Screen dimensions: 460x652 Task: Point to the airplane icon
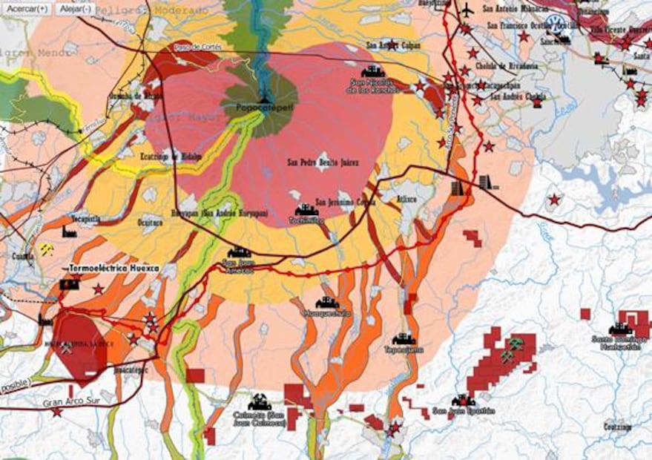pyautogui.click(x=467, y=10)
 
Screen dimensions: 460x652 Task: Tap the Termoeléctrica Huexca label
pyautogui.click(x=113, y=268)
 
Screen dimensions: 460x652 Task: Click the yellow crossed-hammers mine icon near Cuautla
pyautogui.click(x=47, y=250)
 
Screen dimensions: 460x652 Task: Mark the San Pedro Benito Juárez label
pyautogui.click(x=323, y=162)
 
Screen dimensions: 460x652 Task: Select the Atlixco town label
pyautogui.click(x=406, y=199)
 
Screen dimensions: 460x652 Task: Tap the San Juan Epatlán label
pyautogui.click(x=463, y=410)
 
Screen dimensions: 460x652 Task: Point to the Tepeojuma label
pyautogui.click(x=403, y=349)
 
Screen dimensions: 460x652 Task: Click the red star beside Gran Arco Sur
pyautogui.click(x=56, y=412)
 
